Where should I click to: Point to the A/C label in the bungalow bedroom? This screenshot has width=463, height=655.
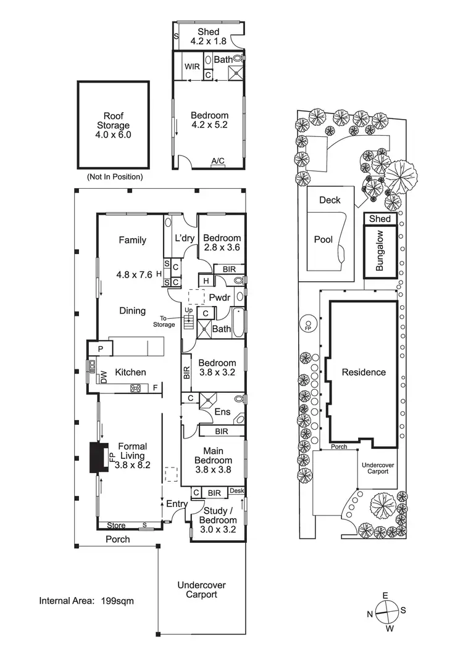point(218,161)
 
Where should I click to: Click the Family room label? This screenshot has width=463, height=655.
point(133,240)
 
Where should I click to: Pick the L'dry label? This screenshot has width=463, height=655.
point(186,238)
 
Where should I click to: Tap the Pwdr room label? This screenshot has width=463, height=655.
point(219,297)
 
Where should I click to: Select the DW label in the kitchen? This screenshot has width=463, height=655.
point(104,376)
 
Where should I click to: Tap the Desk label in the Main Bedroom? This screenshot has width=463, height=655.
point(237,491)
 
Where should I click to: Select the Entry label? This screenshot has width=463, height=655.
point(177,504)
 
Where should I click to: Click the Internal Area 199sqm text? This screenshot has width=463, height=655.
point(86,599)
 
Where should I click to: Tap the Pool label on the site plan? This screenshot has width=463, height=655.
point(323,239)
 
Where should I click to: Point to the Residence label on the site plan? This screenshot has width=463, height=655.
point(364,372)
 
